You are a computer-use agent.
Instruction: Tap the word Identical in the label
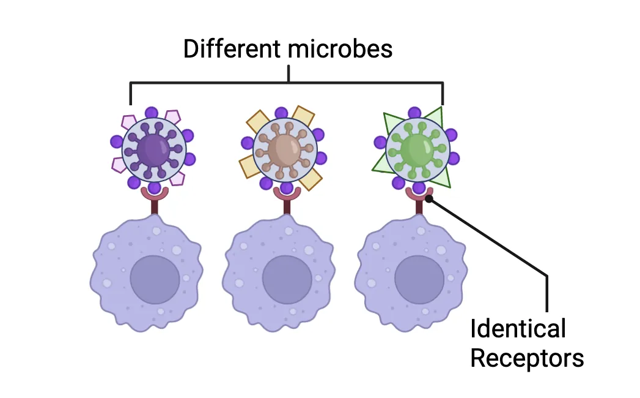[x=518, y=329]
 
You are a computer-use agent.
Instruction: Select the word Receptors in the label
[x=527, y=358]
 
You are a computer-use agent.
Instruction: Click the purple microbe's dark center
[x=153, y=149]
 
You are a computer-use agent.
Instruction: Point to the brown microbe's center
[x=284, y=149]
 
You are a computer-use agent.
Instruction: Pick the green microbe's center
[x=417, y=149]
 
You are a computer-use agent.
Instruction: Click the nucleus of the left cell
[x=155, y=279]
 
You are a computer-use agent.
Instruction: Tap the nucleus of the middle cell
[x=287, y=279]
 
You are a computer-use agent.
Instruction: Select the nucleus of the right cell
[x=419, y=279]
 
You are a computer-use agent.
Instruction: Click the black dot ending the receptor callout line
[x=429, y=198]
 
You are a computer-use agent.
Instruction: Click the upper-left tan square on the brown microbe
[x=257, y=121]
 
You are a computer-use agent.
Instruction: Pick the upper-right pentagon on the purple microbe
[x=174, y=116]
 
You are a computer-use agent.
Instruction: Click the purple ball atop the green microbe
[x=414, y=113]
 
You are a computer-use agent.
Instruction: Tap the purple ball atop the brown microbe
[x=281, y=113]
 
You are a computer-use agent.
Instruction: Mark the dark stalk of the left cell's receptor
[x=154, y=207]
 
